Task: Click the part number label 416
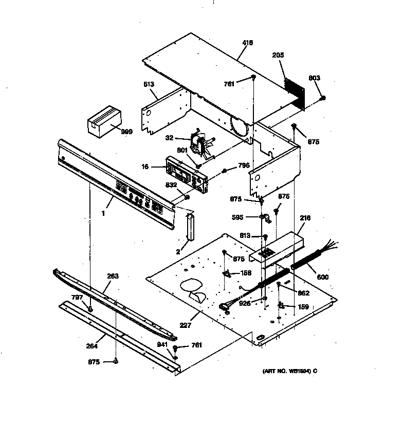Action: click(247, 43)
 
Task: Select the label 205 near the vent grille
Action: click(278, 55)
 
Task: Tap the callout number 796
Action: click(244, 166)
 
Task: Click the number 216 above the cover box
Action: click(305, 219)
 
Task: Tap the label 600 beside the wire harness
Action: click(323, 278)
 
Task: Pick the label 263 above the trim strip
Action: click(113, 276)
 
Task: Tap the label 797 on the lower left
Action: click(77, 298)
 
